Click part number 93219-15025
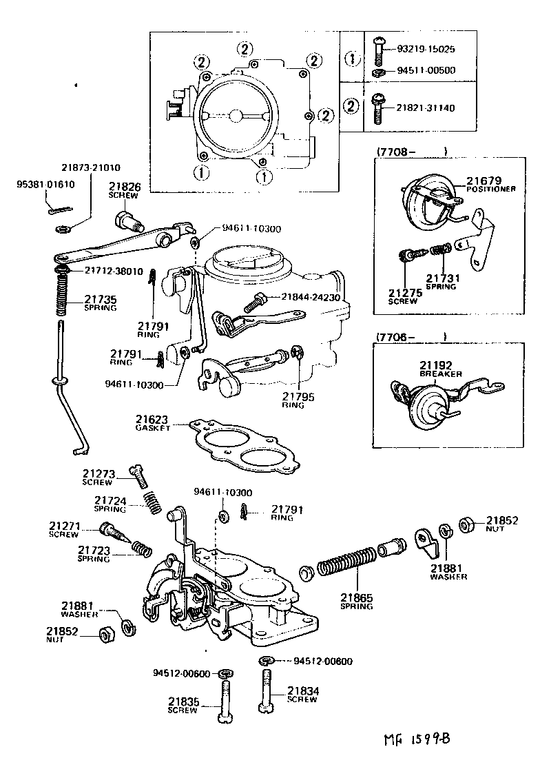pos(426,50)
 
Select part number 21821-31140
pos(426,108)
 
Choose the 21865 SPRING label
pos(356,601)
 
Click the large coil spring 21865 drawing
pos(345,564)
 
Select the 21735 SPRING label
pos(101,303)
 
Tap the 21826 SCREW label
pos(124,189)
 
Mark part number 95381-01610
pos(45,185)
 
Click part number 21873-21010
pos(90,167)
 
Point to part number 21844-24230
pos(310,298)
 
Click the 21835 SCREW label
pos(183,705)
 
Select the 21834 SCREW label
pos(302,694)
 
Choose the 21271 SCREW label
pos(64,529)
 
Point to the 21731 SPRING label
pos(440,281)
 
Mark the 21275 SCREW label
pos(403,296)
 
